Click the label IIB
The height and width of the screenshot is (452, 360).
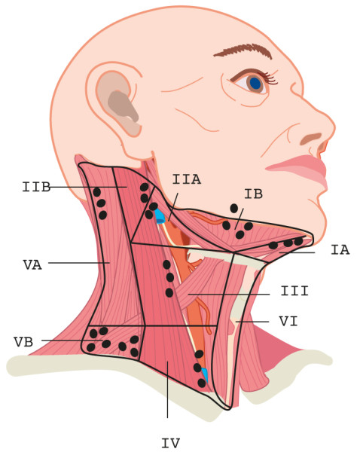tap(36, 187)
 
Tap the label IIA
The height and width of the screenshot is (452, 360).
tap(187, 179)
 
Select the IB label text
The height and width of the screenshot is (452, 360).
tap(253, 194)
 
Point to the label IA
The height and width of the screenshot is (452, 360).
tap(340, 249)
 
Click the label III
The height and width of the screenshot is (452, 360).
tap(294, 291)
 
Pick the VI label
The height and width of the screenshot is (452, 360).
tap(288, 321)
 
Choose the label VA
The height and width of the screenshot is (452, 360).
tap(32, 265)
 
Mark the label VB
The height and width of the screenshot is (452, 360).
tap(23, 342)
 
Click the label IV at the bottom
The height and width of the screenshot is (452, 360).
tap(171, 443)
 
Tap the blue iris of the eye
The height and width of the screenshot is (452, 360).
tap(255, 84)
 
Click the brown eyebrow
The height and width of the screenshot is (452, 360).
tap(243, 51)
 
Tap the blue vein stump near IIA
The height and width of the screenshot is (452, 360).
tap(159, 216)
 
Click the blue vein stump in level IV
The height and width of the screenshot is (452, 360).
tap(205, 374)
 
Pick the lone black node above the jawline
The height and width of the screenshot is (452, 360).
tap(234, 208)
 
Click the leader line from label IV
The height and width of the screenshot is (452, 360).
tap(167, 389)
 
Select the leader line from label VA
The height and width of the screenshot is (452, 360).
tap(78, 263)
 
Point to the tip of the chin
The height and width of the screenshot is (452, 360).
tap(312, 236)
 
